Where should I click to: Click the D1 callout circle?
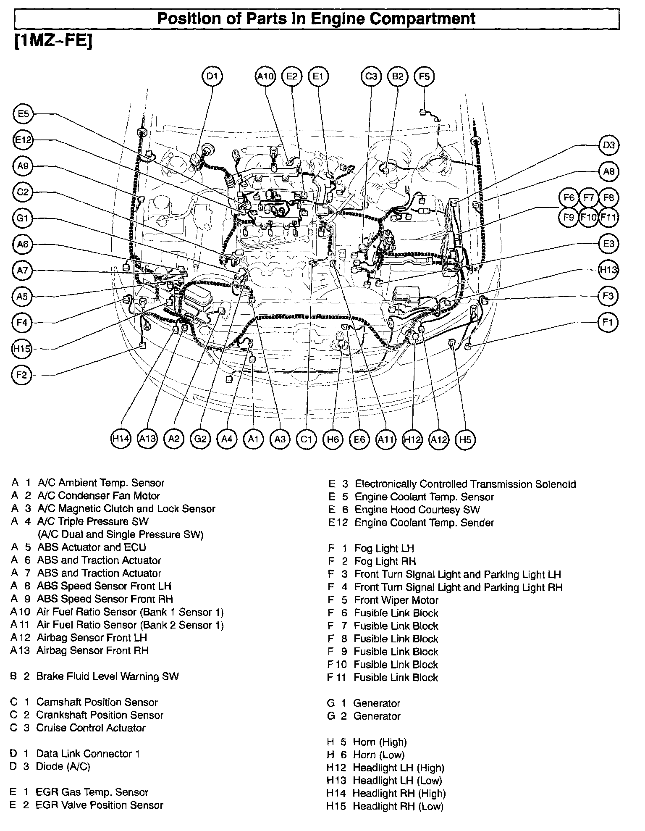(x=212, y=76)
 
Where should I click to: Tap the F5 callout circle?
(x=424, y=76)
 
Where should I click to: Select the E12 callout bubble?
(x=23, y=140)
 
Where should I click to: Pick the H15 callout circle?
(x=22, y=349)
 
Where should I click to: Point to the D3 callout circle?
(x=608, y=145)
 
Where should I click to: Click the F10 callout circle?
(x=588, y=218)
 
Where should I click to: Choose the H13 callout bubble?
(x=608, y=270)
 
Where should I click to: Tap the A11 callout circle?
(x=385, y=439)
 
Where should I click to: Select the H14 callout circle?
(x=121, y=439)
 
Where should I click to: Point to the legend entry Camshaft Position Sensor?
(x=97, y=702)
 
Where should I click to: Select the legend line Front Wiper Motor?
(x=396, y=600)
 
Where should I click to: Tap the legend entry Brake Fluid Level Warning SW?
(x=107, y=676)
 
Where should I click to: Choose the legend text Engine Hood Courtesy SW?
(x=417, y=510)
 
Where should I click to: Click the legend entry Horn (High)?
(x=380, y=742)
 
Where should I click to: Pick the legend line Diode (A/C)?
(x=63, y=766)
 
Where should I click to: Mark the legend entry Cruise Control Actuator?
(x=91, y=728)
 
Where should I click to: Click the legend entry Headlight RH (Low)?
(x=398, y=806)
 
